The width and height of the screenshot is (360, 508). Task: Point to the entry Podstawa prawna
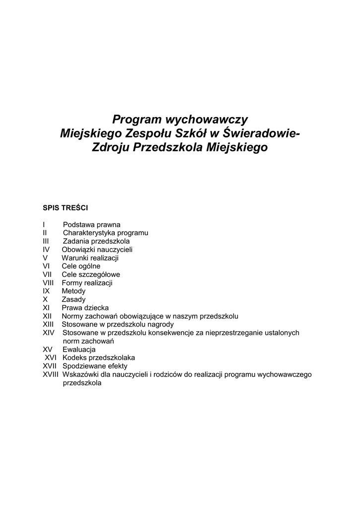[91, 224]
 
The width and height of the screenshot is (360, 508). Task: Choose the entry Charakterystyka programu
[105, 233]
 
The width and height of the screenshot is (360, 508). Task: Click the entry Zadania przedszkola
[96, 241]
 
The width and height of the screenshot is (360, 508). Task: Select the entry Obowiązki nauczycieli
[97, 250]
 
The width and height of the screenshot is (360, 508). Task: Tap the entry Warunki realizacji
[90, 258]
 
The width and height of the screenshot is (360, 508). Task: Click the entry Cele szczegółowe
[91, 274]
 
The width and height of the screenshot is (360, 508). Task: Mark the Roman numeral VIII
[48, 283]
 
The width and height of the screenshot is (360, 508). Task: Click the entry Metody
[73, 291]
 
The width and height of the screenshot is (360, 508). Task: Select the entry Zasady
[73, 300]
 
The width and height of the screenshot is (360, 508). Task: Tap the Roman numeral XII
[48, 316]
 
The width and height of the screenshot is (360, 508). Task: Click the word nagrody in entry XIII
[160, 324]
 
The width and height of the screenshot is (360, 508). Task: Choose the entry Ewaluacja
[79, 349]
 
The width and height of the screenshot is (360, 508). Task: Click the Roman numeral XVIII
[51, 375]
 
